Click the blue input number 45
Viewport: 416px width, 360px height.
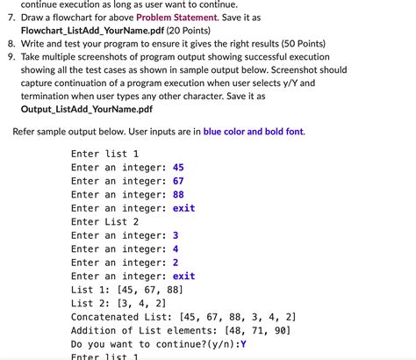click(x=178, y=167)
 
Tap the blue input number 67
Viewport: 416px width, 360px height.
click(x=178, y=181)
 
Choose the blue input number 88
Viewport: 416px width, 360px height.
click(x=178, y=195)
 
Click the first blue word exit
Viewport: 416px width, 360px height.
click(x=183, y=208)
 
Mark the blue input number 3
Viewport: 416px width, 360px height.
click(x=176, y=235)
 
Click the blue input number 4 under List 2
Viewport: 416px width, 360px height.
click(x=176, y=248)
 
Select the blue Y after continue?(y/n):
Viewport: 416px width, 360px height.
click(x=243, y=344)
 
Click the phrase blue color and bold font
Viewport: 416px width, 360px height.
click(x=254, y=132)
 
